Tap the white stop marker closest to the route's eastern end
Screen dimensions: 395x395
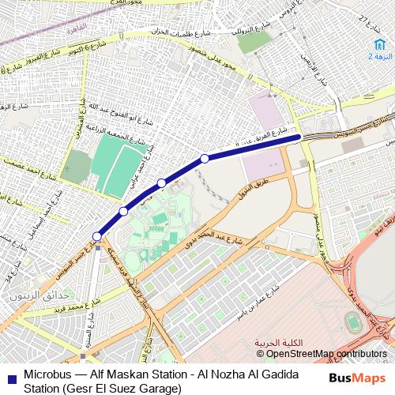205,159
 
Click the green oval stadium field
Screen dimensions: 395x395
351,322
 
